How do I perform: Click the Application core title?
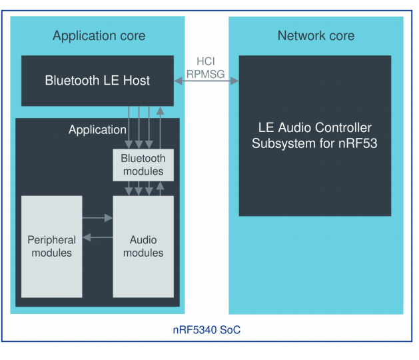click(99, 35)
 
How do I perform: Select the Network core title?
click(316, 35)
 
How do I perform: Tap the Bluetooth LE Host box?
click(97, 81)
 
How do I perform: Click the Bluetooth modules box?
click(143, 165)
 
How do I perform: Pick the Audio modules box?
click(143, 246)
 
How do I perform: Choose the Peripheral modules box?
click(51, 246)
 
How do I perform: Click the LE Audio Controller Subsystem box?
click(314, 135)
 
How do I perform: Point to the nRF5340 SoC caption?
click(207, 330)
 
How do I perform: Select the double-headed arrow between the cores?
click(207, 81)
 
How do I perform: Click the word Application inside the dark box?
click(97, 130)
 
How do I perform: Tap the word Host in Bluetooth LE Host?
click(136, 81)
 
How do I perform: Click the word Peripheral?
click(51, 240)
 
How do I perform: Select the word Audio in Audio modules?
click(143, 240)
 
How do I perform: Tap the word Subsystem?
click(285, 143)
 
